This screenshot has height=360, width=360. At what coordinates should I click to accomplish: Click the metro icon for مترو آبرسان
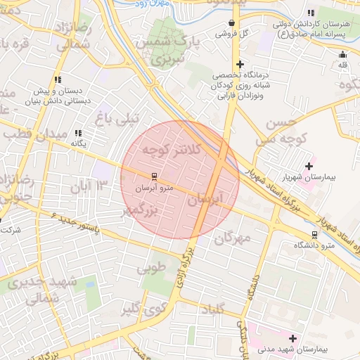[154, 176]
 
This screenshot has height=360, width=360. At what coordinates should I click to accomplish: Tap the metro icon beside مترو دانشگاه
[314, 235]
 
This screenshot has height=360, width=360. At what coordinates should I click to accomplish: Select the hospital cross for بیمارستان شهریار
[309, 166]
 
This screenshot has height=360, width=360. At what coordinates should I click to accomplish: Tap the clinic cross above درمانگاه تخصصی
[240, 64]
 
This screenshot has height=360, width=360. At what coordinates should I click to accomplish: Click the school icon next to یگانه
[78, 133]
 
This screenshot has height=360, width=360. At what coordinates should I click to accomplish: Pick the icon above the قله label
[343, 55]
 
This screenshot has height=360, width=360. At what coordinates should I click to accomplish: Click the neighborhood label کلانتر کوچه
[172, 150]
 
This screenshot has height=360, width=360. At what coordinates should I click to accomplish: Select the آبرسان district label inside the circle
[205, 201]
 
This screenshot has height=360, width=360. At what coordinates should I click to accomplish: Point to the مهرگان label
[232, 238]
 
